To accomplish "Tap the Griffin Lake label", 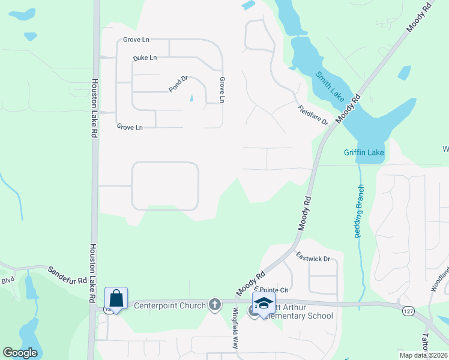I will click(364, 152).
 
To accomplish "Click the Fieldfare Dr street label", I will click(313, 115).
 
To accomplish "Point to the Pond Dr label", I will click(178, 83).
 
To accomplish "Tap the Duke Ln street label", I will click(145, 58).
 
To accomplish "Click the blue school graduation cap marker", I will click(263, 302).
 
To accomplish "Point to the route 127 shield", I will click(408, 310).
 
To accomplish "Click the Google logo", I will click(20, 353).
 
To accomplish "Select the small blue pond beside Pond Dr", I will click(192, 99).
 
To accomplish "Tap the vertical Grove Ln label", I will click(221, 89).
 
